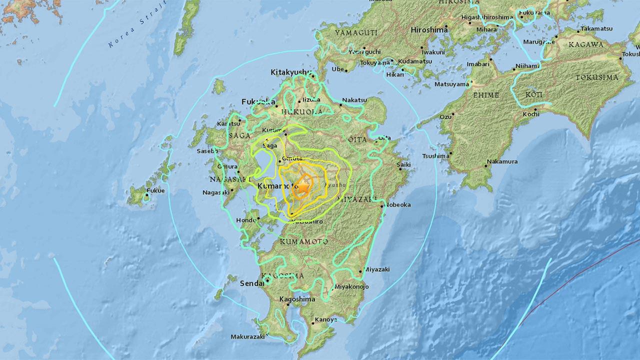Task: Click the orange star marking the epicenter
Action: [x=303, y=187]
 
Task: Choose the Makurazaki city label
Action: [x=247, y=336]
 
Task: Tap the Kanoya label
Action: [x=326, y=319]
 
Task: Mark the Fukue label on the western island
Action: [x=156, y=190]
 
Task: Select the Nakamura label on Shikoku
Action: [x=502, y=161]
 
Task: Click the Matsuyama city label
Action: [x=451, y=84]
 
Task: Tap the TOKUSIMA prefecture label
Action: [x=596, y=77]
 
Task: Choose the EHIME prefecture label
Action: [x=486, y=95]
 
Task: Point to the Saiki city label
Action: [x=403, y=164]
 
